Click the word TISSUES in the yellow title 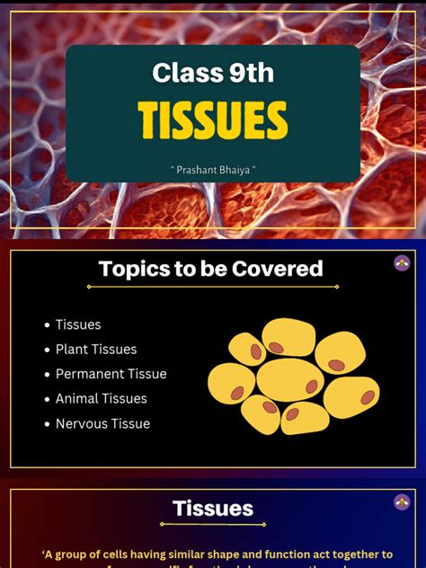click(213, 120)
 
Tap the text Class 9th click(213, 73)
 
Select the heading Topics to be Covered click(211, 268)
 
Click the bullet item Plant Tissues click(96, 349)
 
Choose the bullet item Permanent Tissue click(111, 374)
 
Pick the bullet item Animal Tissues click(101, 398)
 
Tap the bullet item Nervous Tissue click(102, 423)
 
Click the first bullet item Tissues click(78, 324)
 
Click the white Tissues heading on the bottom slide click(213, 509)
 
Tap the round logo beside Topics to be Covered click(402, 262)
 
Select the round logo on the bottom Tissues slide click(402, 502)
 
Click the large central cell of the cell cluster click(289, 380)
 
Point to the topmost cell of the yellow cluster click(288, 338)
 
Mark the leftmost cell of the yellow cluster click(231, 384)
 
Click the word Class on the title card click(177, 73)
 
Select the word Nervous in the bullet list click(81, 423)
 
